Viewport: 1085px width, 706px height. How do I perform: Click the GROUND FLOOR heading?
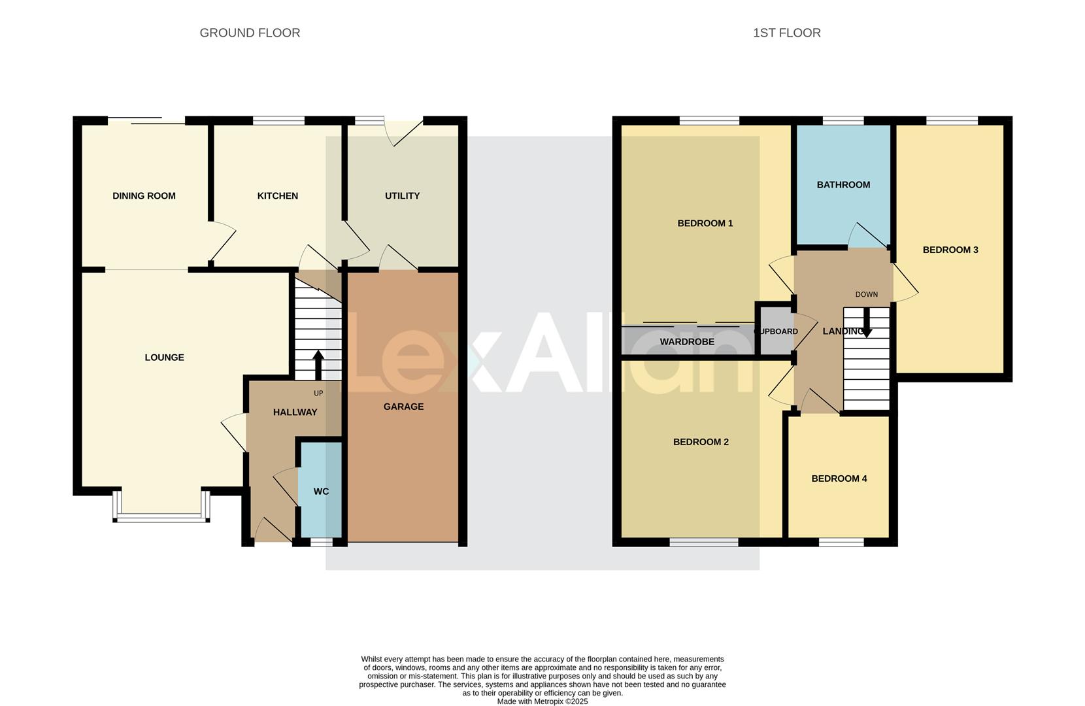pyautogui.click(x=250, y=33)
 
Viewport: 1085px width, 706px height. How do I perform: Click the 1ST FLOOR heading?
pyautogui.click(x=786, y=33)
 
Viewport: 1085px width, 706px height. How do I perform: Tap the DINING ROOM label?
pyautogui.click(x=144, y=195)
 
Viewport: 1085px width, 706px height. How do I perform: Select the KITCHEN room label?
pyautogui.click(x=277, y=195)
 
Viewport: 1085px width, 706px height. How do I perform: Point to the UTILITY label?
pyautogui.click(x=402, y=195)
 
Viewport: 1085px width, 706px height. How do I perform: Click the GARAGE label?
pyautogui.click(x=403, y=407)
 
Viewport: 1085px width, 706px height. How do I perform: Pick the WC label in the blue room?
pyautogui.click(x=321, y=492)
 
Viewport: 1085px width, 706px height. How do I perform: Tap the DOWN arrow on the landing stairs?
pyautogui.click(x=867, y=324)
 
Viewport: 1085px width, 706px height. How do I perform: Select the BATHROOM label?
pyautogui.click(x=843, y=185)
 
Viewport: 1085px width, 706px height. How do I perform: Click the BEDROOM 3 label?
pyautogui.click(x=950, y=250)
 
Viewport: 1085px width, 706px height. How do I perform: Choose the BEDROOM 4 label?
pyautogui.click(x=839, y=479)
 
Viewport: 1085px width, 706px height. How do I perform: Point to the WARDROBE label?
pyautogui.click(x=687, y=342)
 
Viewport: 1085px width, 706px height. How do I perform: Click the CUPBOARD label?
pyautogui.click(x=776, y=331)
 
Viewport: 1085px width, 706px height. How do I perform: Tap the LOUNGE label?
pyautogui.click(x=164, y=357)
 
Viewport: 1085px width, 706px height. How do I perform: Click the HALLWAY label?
pyautogui.click(x=295, y=412)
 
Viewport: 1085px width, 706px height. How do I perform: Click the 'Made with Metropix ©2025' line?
pyautogui.click(x=542, y=701)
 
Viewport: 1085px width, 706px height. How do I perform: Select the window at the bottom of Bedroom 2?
pyautogui.click(x=703, y=542)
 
